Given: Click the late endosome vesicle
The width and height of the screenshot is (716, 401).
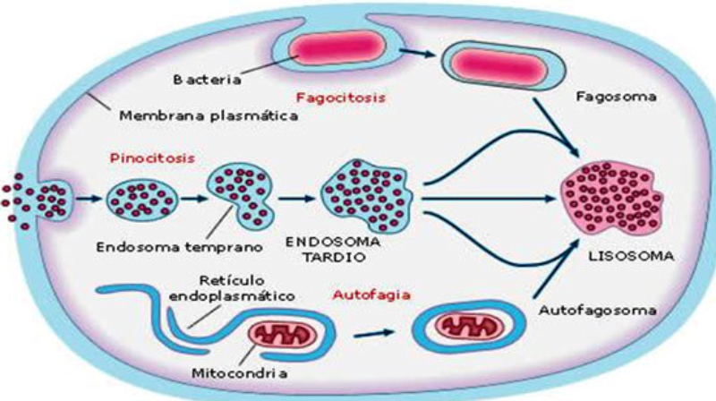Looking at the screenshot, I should coord(363,188).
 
